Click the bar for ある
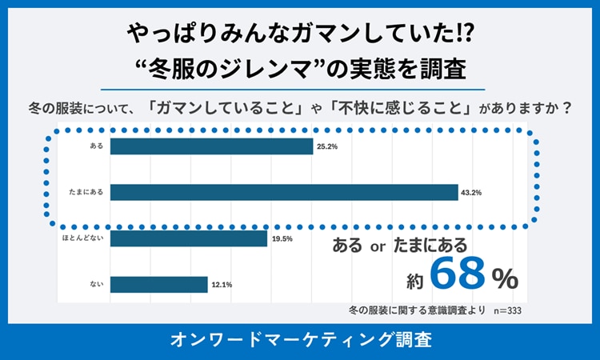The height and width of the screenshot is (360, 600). point(211,146)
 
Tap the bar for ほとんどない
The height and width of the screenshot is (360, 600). point(188,238)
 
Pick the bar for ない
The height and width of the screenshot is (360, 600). point(158,284)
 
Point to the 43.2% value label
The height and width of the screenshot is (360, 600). point(472,193)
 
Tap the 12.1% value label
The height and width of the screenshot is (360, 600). point(222,285)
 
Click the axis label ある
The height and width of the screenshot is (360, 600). point(97,146)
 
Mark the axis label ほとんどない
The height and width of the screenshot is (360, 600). point(82,238)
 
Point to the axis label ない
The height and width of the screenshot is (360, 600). point(97,284)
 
